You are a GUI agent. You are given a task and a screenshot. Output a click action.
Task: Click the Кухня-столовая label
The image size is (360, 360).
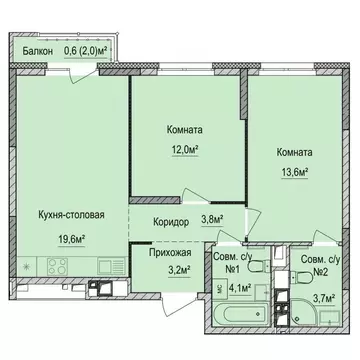pyautogui.click(x=71, y=212)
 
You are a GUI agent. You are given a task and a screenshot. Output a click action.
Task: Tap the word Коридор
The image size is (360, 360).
pyautogui.click(x=160, y=223)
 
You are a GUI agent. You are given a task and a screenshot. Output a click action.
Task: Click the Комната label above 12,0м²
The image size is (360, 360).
pyautogui.click(x=183, y=129)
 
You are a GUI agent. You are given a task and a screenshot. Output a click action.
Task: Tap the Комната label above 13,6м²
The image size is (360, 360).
pyautogui.click(x=290, y=153)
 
